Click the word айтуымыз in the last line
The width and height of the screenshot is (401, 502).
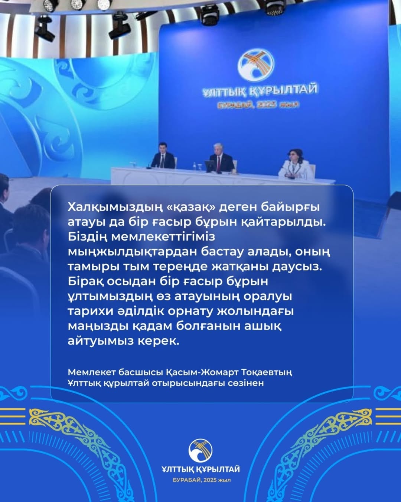click(100, 342)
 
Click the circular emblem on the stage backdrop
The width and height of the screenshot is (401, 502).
click(256, 64)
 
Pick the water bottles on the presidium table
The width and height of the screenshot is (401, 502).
click(196, 166)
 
